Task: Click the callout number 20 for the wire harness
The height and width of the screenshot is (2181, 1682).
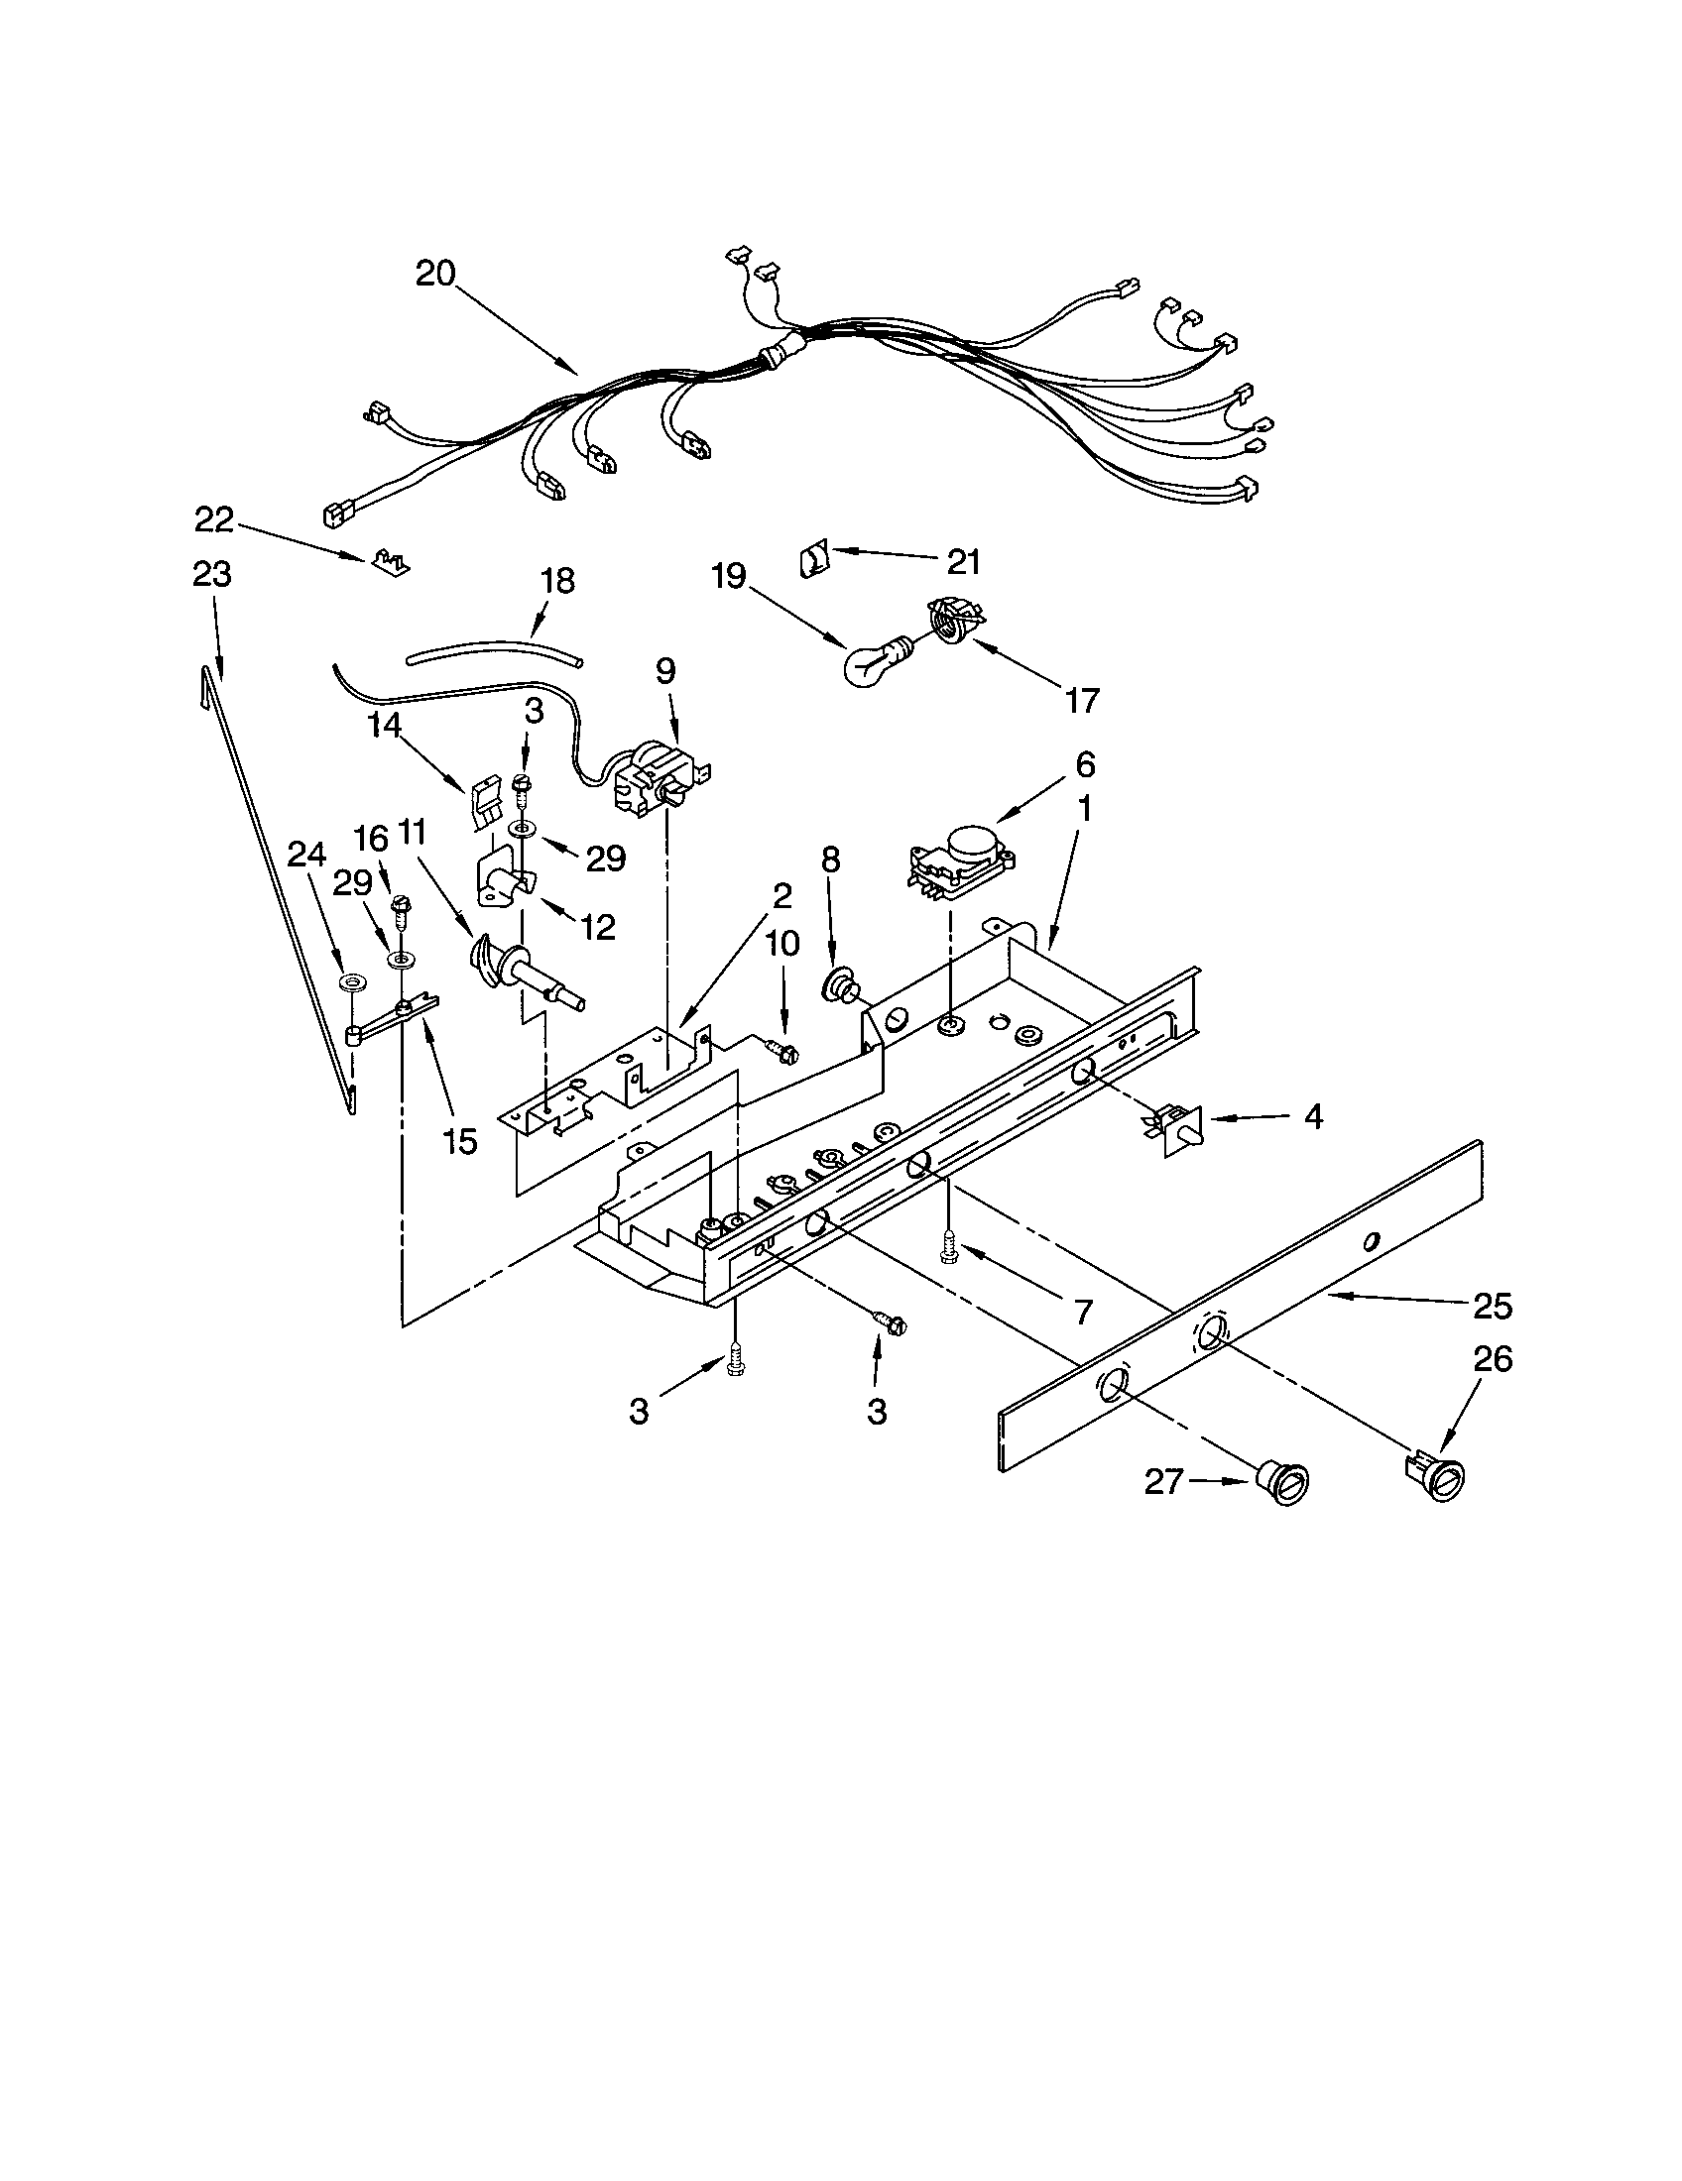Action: point(435,273)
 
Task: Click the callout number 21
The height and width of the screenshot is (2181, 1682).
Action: point(963,562)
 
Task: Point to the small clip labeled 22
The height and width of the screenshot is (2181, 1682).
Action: point(386,563)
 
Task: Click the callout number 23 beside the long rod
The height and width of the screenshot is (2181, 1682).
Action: point(212,574)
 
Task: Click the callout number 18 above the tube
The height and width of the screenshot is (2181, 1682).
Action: point(557,581)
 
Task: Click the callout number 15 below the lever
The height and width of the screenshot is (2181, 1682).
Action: point(460,1141)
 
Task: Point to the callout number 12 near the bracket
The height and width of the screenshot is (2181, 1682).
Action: point(598,928)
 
